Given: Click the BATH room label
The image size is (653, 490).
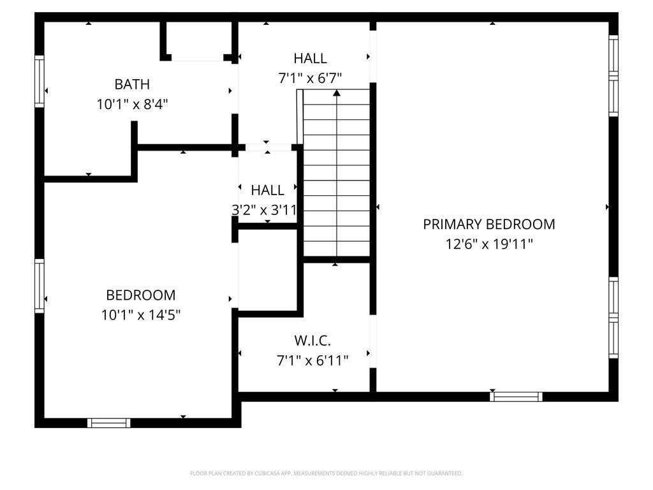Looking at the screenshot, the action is click(132, 84).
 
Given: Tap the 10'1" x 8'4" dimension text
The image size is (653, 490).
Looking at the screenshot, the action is click(132, 104).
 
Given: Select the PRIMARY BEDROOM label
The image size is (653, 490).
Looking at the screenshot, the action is click(489, 224).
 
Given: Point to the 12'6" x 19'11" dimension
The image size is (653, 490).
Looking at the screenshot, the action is click(489, 244).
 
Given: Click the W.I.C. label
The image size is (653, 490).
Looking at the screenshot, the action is click(312, 341).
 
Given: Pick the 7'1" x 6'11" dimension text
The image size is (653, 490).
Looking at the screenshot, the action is click(312, 360).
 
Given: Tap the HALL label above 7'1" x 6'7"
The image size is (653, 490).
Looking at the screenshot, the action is click(310, 58).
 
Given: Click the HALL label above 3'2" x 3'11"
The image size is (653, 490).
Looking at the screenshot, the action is click(267, 190).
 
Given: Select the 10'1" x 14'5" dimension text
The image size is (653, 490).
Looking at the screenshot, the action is click(141, 315).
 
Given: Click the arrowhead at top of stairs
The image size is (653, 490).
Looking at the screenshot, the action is click(337, 93).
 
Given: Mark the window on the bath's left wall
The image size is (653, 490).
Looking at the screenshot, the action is click(39, 81).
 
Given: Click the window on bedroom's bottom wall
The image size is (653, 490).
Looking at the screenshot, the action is click(108, 423).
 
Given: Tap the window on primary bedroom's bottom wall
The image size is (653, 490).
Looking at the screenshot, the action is click(516, 397).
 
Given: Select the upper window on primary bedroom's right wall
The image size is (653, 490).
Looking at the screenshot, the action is click(613, 76).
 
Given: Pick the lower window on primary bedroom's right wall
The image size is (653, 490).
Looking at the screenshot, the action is click(613, 318).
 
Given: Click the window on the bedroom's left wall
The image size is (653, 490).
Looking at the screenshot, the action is click(39, 286).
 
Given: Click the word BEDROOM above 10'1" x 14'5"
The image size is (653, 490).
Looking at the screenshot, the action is click(141, 295).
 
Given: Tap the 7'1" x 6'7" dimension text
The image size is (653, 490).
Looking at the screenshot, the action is click(310, 78).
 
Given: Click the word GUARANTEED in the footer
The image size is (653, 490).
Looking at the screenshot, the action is click(445, 473).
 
